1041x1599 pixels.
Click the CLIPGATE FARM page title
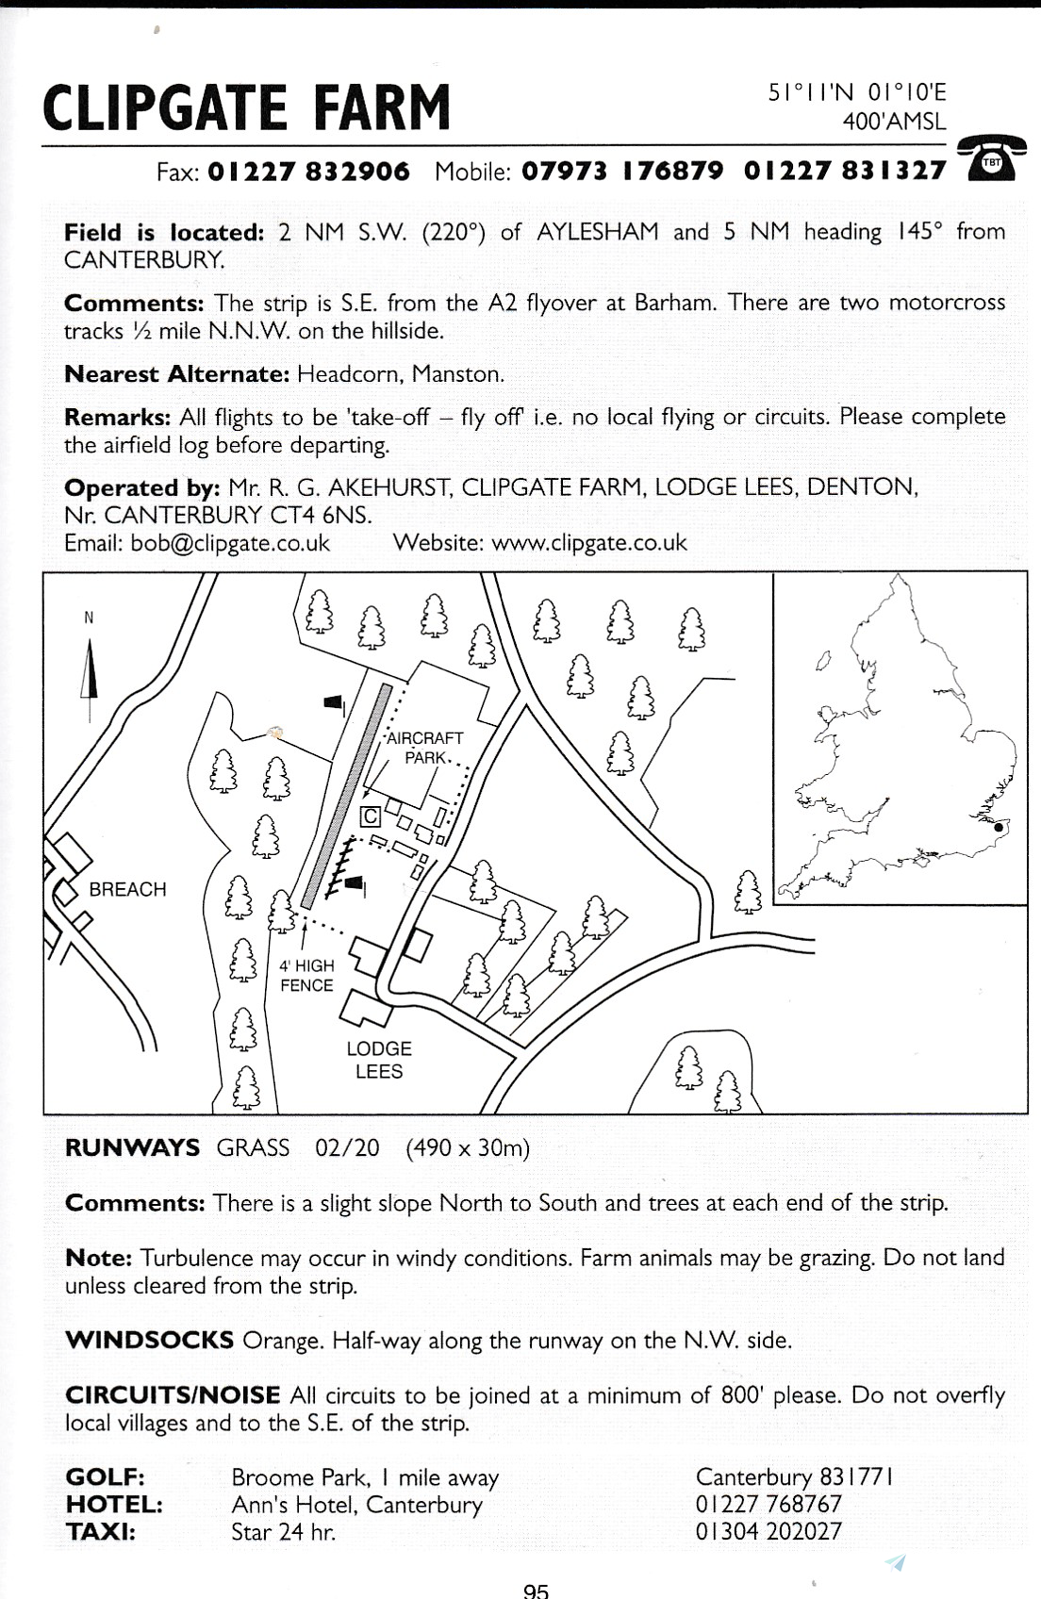click(247, 107)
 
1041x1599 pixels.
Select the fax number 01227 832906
click(308, 172)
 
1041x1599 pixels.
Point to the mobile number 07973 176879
click(622, 172)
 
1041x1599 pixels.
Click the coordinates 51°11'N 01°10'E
click(857, 92)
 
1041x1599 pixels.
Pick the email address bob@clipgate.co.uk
click(230, 543)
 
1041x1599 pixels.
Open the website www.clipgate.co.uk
click(589, 543)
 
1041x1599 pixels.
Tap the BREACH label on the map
click(127, 889)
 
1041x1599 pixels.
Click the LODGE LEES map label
click(379, 1060)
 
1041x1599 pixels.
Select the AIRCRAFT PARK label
click(426, 747)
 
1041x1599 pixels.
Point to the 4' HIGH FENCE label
click(306, 975)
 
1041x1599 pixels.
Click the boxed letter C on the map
click(372, 816)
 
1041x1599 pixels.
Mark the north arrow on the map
click(91, 674)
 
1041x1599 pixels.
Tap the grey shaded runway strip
click(345, 797)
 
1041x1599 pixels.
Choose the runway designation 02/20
click(347, 1147)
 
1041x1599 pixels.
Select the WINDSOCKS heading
click(149, 1340)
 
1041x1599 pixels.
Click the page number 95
click(536, 1591)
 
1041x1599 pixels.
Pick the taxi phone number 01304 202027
click(768, 1531)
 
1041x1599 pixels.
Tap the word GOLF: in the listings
click(105, 1476)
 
